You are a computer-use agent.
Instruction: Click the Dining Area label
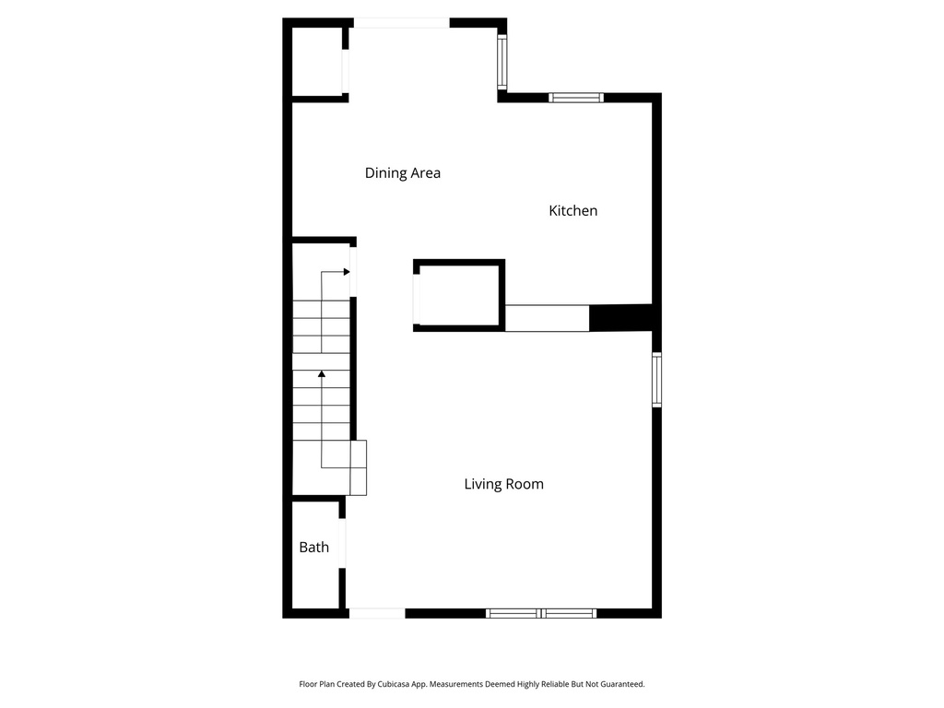(x=402, y=172)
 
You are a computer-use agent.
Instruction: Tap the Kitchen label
(x=572, y=211)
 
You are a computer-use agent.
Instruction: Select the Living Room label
(x=503, y=484)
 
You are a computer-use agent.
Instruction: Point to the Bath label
(x=313, y=548)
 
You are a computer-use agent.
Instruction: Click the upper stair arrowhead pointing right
(x=346, y=272)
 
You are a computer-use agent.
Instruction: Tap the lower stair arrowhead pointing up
(x=321, y=374)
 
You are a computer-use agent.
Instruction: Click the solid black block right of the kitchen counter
(x=619, y=318)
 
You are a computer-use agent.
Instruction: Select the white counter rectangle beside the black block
(x=547, y=318)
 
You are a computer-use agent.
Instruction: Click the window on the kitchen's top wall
(x=576, y=97)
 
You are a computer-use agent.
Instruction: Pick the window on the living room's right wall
(x=656, y=380)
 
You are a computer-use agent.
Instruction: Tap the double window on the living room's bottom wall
(x=541, y=612)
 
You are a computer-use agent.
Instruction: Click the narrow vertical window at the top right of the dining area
(x=501, y=62)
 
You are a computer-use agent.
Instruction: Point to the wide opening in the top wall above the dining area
(x=402, y=23)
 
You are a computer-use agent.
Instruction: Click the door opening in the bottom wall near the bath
(x=376, y=612)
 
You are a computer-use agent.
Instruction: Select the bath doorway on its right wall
(x=342, y=544)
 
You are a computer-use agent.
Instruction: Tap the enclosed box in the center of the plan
(x=459, y=295)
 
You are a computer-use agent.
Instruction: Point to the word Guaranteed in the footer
(x=622, y=684)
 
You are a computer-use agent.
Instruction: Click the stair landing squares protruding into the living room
(x=359, y=467)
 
